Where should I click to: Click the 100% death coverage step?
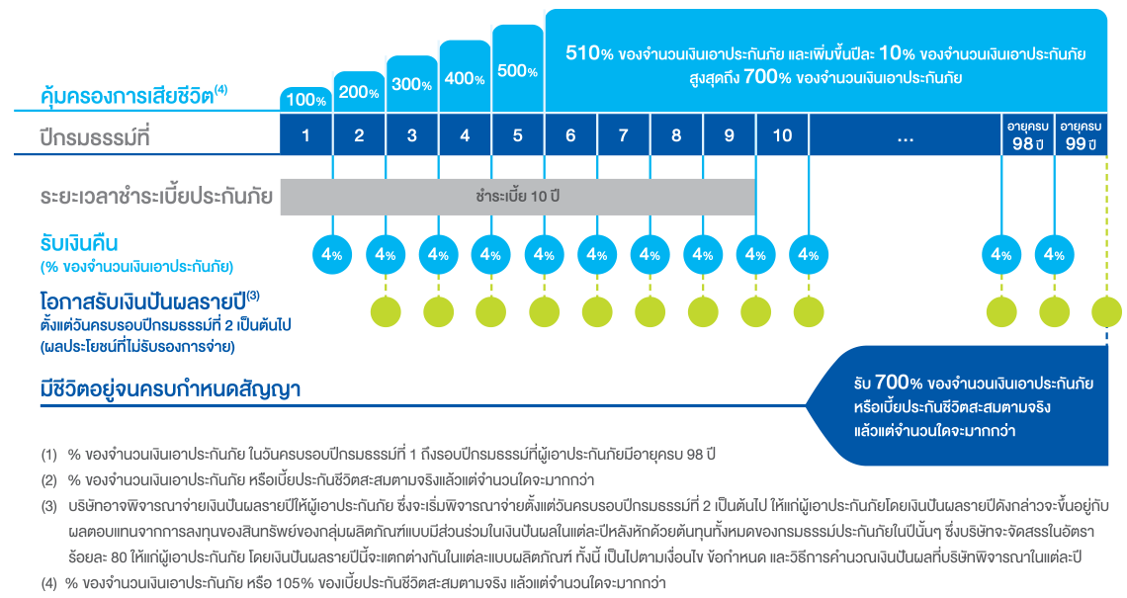click(306, 99)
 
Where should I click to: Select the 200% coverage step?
click(360, 91)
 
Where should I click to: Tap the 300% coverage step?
click(412, 84)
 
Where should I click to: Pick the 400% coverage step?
click(465, 78)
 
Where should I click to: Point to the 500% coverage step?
click(518, 71)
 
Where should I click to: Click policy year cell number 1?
click(306, 136)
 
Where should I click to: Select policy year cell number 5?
click(518, 136)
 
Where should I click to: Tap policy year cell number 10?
click(782, 136)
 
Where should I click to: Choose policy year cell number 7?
click(624, 136)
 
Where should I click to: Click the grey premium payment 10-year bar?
click(517, 197)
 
